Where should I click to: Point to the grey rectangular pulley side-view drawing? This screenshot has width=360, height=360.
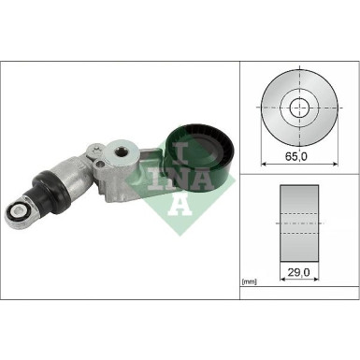coord(299,224)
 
